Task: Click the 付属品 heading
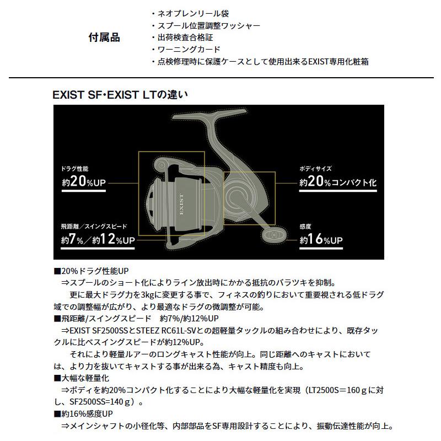pos(104,38)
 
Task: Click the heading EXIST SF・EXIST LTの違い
pos(121,95)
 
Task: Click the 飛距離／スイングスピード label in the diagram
pos(94,227)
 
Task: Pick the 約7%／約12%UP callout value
pos(98,240)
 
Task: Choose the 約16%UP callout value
pos(321,240)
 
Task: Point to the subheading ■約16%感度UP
pos(84,413)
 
